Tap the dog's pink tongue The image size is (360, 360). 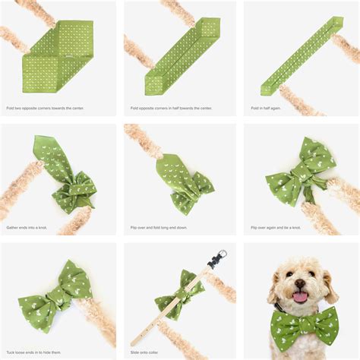tap(300, 297)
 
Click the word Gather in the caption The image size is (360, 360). tap(14, 227)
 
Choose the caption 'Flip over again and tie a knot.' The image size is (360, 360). tap(276, 227)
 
